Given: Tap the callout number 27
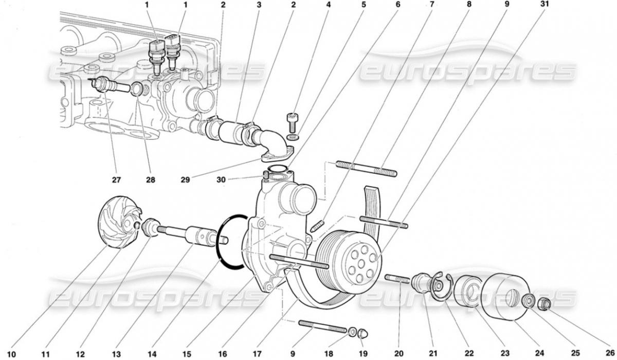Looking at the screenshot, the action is click(116, 180).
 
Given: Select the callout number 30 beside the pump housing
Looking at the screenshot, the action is click(221, 180).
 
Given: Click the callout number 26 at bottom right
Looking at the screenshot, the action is click(610, 353).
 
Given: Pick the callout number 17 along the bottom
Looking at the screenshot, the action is click(257, 353).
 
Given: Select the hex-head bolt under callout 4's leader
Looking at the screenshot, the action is click(293, 122).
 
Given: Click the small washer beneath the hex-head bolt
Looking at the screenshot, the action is click(293, 137).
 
